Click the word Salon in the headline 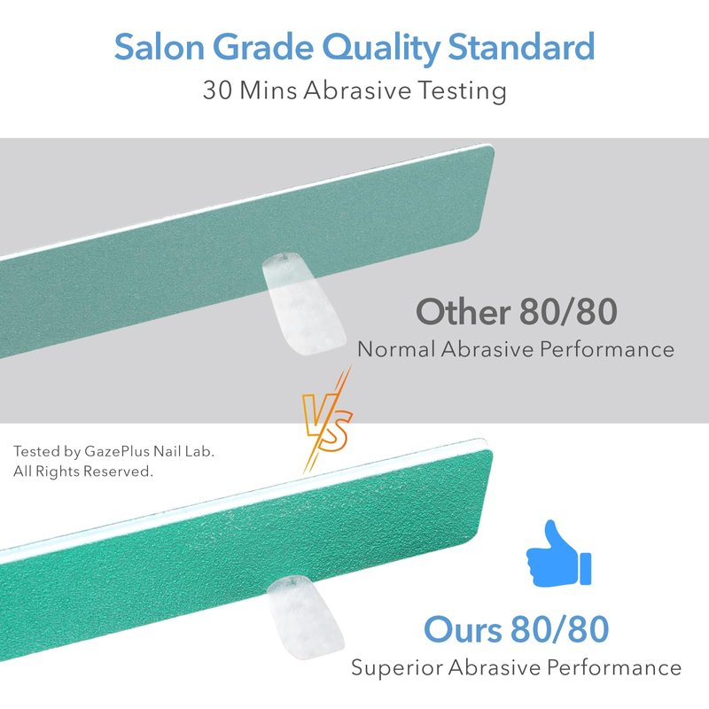pyautogui.click(x=160, y=47)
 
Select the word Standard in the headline pyautogui.click(x=521, y=47)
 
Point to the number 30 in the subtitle pyautogui.click(x=218, y=90)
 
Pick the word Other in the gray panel pyautogui.click(x=463, y=312)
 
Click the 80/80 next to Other pyautogui.click(x=568, y=312)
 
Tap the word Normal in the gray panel pyautogui.click(x=396, y=349)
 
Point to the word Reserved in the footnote pyautogui.click(x=118, y=471)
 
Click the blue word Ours pyautogui.click(x=463, y=629)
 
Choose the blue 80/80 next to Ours pyautogui.click(x=560, y=629)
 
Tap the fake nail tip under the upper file pyautogui.click(x=304, y=303)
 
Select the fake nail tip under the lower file pyautogui.click(x=305, y=617)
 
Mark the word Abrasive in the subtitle pyautogui.click(x=357, y=90)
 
